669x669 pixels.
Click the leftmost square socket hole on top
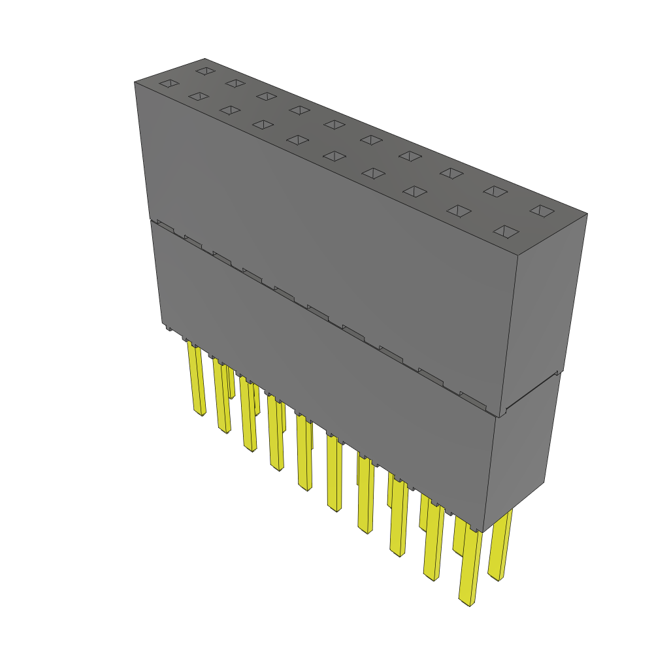click(169, 83)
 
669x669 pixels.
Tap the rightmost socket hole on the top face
click(541, 210)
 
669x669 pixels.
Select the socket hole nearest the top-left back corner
click(205, 70)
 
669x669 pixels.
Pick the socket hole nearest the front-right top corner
click(506, 231)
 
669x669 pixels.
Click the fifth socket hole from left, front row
click(298, 140)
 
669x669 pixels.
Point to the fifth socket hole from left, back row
click(334, 124)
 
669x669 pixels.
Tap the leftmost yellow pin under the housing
click(196, 379)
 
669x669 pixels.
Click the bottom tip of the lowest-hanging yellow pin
click(466, 602)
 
